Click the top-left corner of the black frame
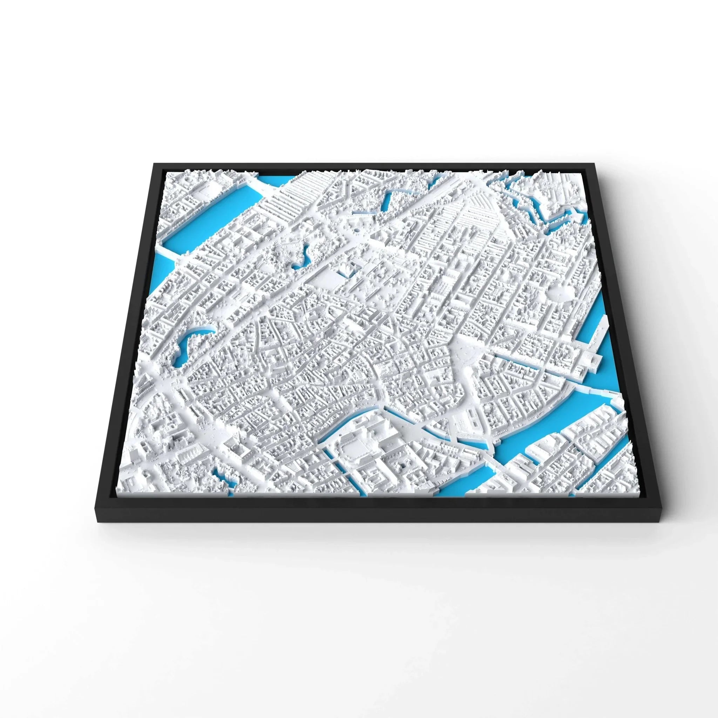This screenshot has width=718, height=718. coord(154,163)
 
